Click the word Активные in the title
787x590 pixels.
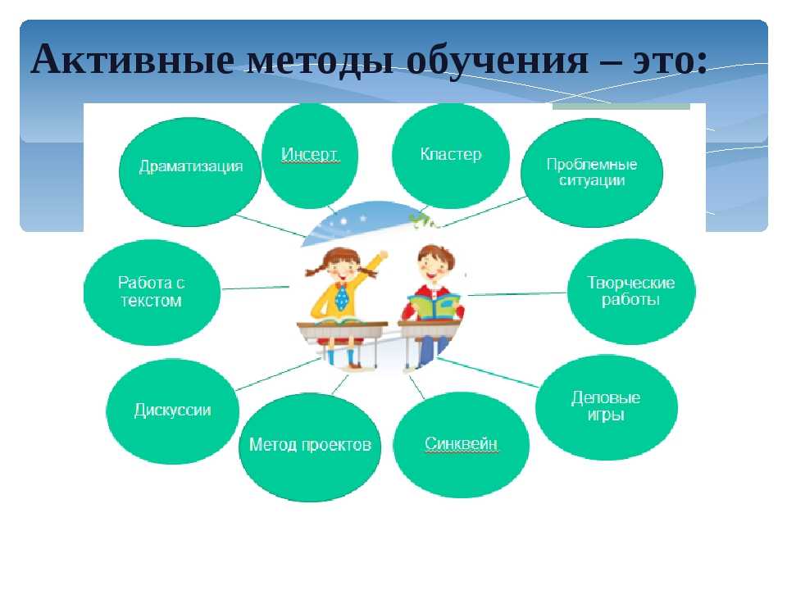point(133,59)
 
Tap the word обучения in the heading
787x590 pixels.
point(497,60)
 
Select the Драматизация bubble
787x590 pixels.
point(190,171)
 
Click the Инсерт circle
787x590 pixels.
point(310,155)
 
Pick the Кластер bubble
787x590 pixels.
point(451,155)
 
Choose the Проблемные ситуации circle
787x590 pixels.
point(592,173)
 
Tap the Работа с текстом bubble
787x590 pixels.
point(152,293)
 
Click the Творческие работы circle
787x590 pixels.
point(631,292)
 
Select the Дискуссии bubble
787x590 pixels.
point(173,411)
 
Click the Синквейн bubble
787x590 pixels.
point(461,445)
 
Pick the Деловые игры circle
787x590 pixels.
point(607,407)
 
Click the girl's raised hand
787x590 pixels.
point(383,255)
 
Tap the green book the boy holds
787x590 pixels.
point(434,306)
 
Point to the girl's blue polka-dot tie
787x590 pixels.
point(341,297)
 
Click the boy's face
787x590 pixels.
point(433,265)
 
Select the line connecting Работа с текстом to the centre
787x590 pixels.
point(256,288)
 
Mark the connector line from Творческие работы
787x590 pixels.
point(517,293)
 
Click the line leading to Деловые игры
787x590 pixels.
point(488,372)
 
